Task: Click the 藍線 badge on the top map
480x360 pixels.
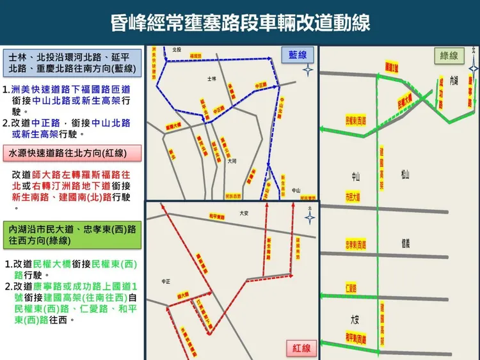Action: [x=298, y=55]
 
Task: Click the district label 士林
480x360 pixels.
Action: [x=213, y=79]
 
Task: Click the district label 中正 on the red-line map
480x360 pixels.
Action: [x=166, y=281]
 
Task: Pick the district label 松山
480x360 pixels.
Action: [x=405, y=175]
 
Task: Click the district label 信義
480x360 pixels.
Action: [x=405, y=242]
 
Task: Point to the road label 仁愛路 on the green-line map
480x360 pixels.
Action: [x=351, y=288]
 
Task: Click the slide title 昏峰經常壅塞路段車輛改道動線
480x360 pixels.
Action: [x=240, y=24]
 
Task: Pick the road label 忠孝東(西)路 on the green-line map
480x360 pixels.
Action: [x=356, y=245]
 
